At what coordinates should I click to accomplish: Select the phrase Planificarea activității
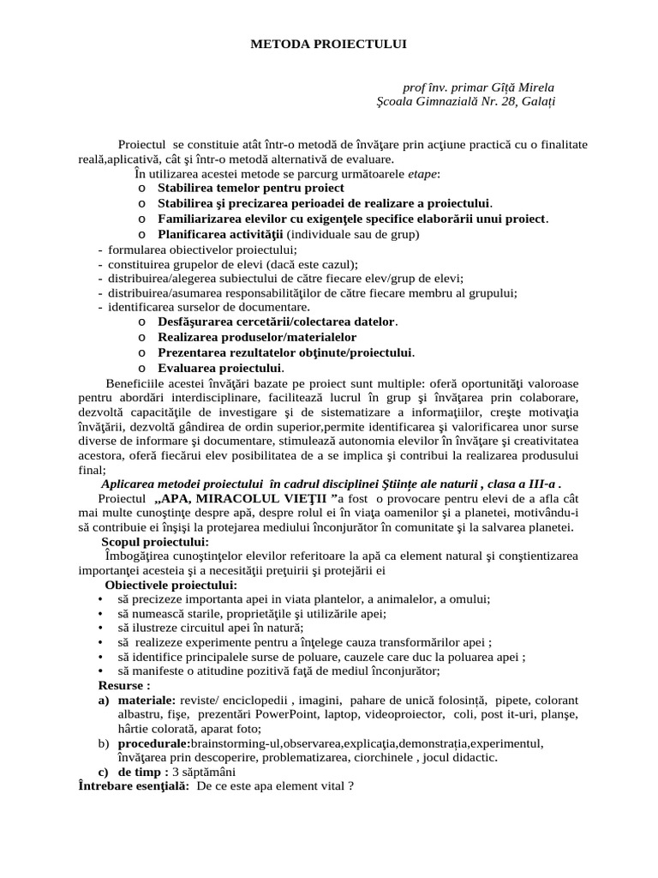[220, 233]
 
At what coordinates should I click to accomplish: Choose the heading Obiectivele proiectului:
[171, 585]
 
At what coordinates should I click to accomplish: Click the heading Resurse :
[125, 686]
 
